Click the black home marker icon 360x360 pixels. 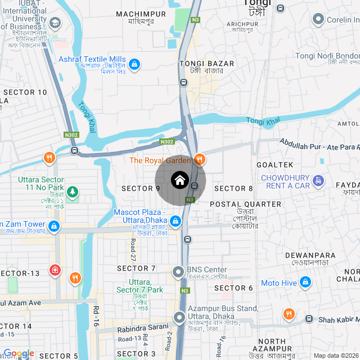(180, 181)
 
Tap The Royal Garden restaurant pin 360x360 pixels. (199, 160)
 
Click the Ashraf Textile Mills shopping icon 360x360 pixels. (134, 65)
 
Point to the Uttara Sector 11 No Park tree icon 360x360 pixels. (72, 192)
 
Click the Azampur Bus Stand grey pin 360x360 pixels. (179, 318)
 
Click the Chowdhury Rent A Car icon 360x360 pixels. (319, 181)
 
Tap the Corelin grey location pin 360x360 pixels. (318, 20)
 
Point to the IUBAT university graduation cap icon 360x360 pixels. (55, 23)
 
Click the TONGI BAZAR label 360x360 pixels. (201, 64)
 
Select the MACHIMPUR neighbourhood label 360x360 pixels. (141, 13)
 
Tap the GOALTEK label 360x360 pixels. (275, 164)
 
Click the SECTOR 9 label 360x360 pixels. (141, 188)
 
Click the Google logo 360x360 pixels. (19, 353)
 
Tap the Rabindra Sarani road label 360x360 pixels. (143, 326)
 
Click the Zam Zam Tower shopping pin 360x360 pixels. (54, 227)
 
